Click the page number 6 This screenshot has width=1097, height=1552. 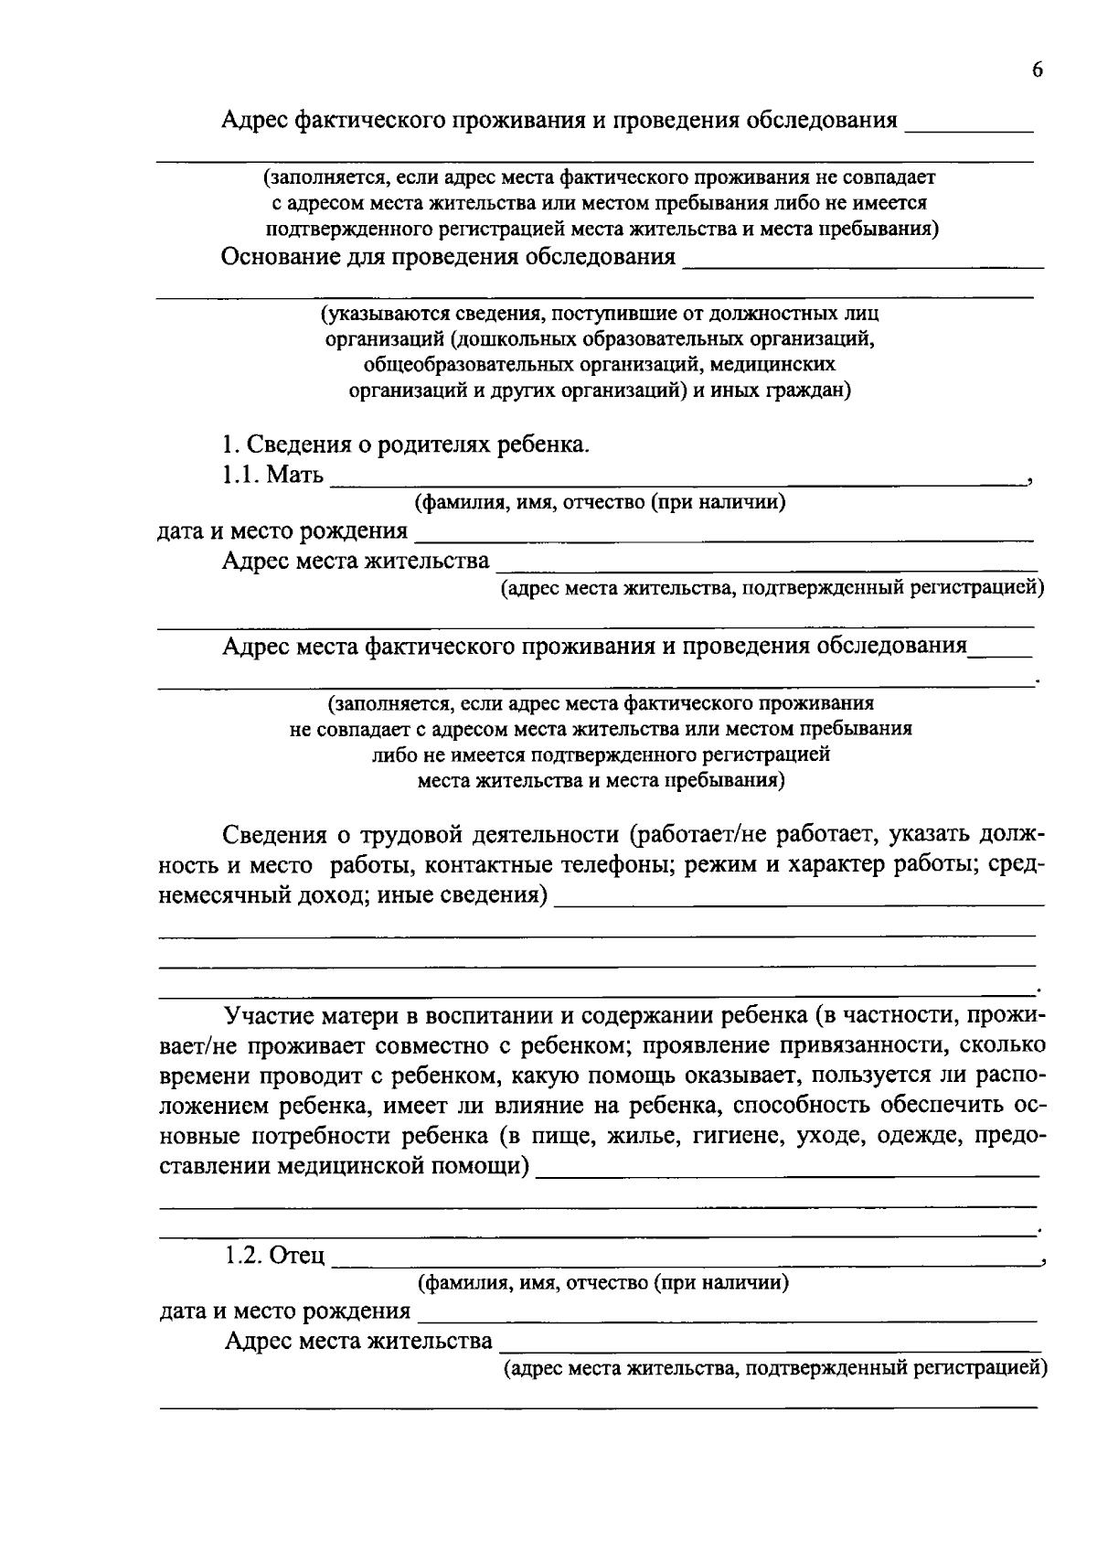[x=1037, y=71]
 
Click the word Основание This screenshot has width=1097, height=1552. [x=279, y=256]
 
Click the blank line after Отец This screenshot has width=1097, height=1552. [x=686, y=1262]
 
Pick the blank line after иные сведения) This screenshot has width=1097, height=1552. [x=798, y=902]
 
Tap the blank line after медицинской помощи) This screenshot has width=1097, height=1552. [x=787, y=1173]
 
